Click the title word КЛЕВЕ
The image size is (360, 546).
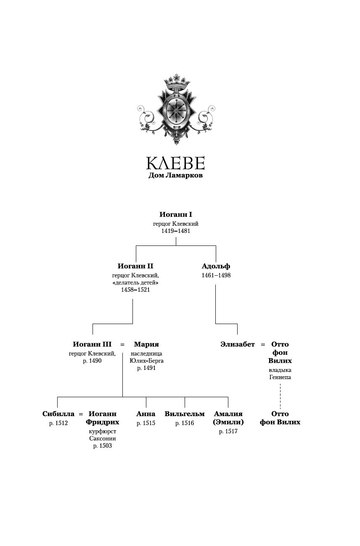coord(175,163)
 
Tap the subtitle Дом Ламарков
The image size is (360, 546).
coord(175,175)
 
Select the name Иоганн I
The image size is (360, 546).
coord(176,214)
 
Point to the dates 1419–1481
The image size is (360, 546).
coord(176,231)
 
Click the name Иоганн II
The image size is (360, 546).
coord(135,266)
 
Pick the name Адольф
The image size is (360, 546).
coord(216,266)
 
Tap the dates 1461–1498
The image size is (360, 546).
coord(216,275)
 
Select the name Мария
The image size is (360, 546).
coord(146,344)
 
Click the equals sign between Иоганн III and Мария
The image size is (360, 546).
coord(122,345)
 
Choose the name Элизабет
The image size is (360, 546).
coord(238,344)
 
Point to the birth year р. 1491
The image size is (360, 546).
coord(146,368)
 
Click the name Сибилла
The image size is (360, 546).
coord(58,414)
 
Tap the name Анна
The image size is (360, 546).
coord(146,414)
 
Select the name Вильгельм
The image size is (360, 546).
coord(185,414)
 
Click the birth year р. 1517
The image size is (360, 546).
coord(228,431)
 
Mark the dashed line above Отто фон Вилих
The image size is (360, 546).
coord(280,395)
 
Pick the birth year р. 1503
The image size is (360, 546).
coord(103,446)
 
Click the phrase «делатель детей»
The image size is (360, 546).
coord(135,282)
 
